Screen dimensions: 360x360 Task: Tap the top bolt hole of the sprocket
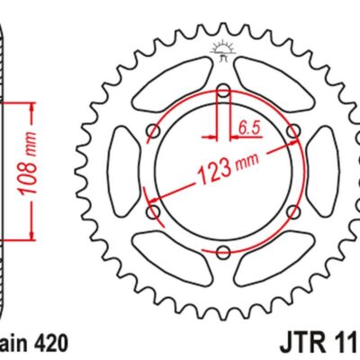click(x=221, y=89)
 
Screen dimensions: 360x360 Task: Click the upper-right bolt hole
click(x=292, y=131)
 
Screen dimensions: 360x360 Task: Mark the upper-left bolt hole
click(x=152, y=130)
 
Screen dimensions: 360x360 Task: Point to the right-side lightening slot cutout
click(x=318, y=171)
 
